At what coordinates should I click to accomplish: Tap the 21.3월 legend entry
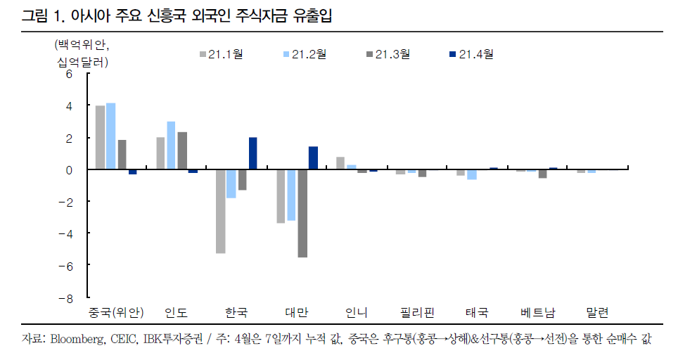[388, 53]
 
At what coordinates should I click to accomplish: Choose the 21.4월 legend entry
[471, 53]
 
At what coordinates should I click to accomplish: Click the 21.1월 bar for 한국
[221, 211]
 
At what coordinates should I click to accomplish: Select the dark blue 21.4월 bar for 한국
[253, 153]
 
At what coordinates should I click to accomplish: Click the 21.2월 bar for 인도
[171, 146]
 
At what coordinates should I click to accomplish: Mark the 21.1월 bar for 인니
[340, 163]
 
